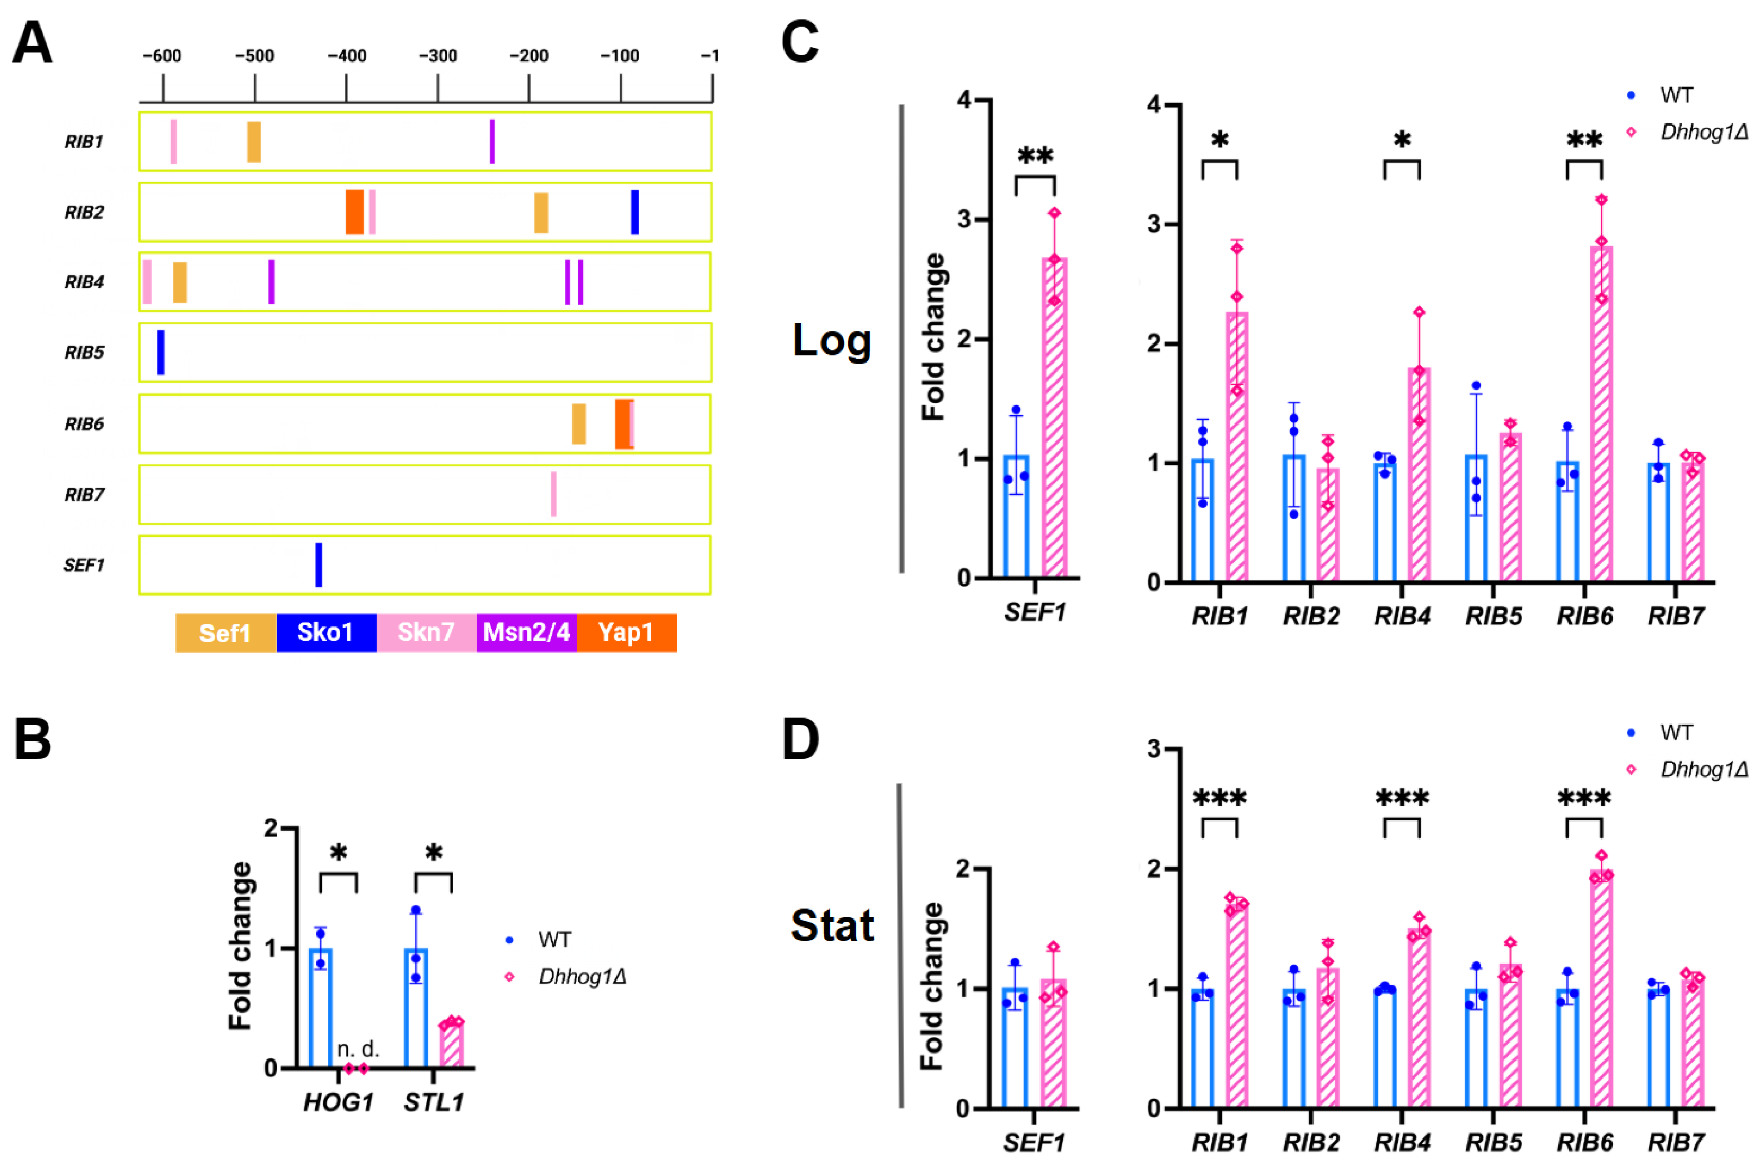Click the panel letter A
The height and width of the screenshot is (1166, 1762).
33,43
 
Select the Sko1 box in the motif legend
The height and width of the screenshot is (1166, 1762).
326,633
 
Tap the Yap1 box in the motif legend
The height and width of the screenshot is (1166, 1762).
626,633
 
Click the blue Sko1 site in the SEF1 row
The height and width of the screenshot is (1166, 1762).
319,564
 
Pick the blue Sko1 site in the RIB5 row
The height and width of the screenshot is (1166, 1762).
161,352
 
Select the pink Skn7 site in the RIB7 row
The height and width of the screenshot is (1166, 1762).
553,494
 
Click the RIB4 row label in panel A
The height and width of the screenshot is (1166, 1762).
84,282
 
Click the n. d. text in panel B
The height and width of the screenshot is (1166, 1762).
358,1049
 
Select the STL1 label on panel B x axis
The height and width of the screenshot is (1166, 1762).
434,1102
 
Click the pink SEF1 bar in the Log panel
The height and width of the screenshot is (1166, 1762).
1054,417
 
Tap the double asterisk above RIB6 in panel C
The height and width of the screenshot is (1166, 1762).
1584,140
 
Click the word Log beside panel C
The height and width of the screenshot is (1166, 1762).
832,341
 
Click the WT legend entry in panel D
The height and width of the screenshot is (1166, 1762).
1675,732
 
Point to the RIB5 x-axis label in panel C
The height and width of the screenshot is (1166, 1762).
1493,616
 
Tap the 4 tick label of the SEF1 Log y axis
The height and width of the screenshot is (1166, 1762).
965,100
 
